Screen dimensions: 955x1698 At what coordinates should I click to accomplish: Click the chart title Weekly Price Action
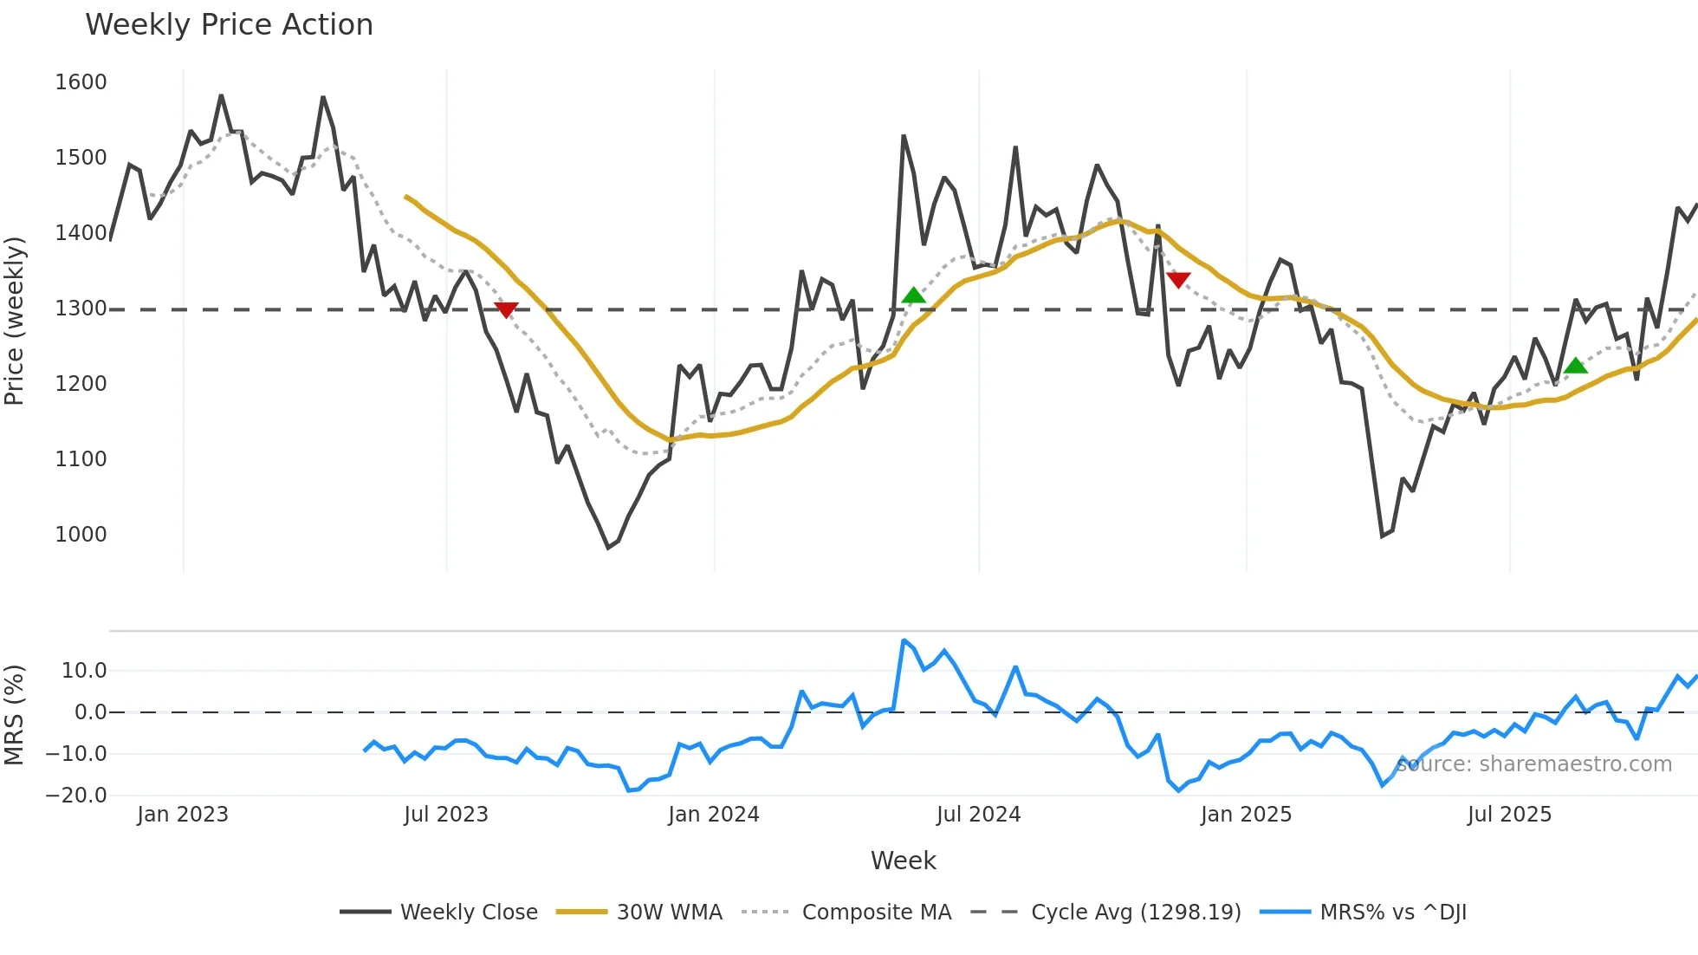click(229, 25)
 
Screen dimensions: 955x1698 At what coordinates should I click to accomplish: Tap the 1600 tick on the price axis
click(81, 82)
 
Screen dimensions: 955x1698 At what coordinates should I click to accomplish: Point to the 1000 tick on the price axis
click(81, 535)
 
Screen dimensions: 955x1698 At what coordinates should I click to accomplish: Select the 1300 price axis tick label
click(81, 309)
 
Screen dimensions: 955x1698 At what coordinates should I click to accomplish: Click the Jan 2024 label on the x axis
click(713, 815)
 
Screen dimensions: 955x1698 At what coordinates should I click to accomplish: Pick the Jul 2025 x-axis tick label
click(1509, 815)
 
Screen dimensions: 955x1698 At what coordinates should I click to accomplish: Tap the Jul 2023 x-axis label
click(446, 815)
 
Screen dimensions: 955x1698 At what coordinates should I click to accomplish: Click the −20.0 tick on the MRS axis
click(76, 796)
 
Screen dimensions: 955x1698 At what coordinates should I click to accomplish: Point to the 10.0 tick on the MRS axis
click(84, 671)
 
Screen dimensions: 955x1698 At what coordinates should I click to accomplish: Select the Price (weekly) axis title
click(15, 321)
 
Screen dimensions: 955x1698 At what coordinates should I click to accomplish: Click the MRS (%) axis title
click(15, 715)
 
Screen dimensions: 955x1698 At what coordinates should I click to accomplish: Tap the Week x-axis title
click(903, 861)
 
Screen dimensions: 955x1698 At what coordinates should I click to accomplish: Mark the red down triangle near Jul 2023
click(506, 309)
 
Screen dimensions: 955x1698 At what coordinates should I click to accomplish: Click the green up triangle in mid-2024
click(913, 296)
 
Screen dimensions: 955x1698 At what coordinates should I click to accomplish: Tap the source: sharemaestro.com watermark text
click(1534, 764)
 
